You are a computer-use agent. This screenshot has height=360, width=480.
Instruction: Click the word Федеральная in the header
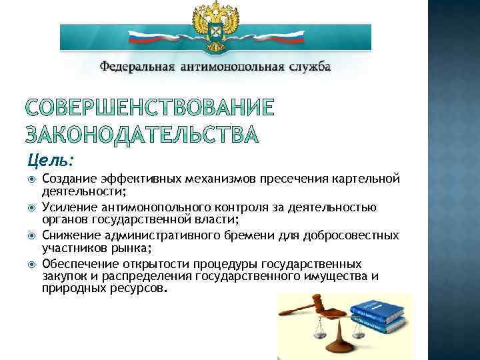pos(137,67)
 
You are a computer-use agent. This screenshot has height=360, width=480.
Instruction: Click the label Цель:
pos(51,161)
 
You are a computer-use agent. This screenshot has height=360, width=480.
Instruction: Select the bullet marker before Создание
pos(32,179)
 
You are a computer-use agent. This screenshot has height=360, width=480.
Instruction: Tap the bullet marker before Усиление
pos(32,207)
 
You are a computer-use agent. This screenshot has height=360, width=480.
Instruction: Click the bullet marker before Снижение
pos(32,235)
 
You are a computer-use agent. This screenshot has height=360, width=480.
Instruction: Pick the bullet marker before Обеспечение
pos(32,264)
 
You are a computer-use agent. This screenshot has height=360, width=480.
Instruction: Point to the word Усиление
pos(67,207)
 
